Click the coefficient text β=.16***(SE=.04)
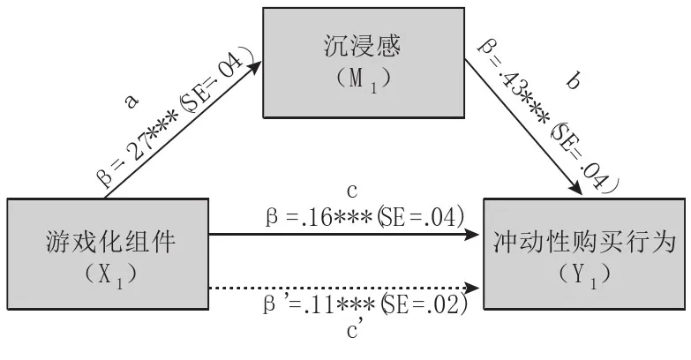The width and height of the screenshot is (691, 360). (x=364, y=214)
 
